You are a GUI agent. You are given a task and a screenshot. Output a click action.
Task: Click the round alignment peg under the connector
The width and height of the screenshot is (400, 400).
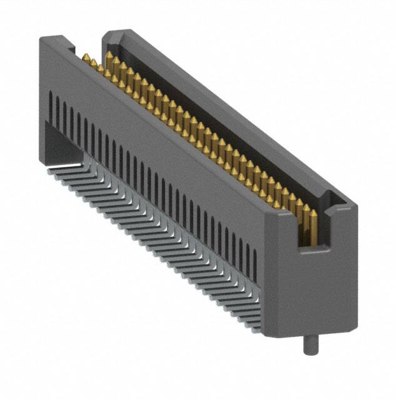tap(310, 345)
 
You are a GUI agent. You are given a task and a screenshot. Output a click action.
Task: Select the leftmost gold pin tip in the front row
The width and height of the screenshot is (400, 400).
tap(84, 57)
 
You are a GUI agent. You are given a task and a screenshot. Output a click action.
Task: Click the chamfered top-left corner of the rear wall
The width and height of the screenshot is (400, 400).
tap(107, 35)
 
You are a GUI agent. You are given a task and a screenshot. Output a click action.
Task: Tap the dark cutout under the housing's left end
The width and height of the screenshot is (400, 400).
tap(59, 141)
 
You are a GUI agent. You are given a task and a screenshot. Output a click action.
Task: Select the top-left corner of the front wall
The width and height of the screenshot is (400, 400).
tap(41, 39)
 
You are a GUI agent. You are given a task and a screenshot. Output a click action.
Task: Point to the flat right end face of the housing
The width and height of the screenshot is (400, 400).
tap(312, 281)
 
